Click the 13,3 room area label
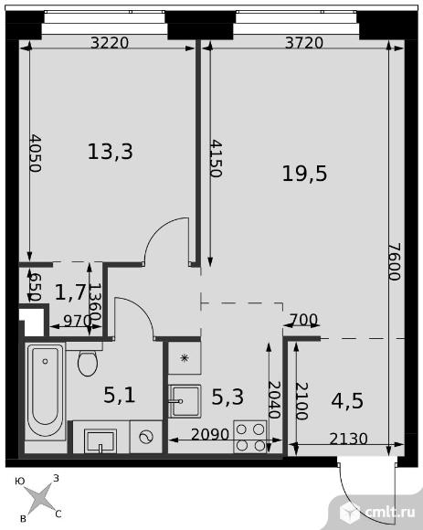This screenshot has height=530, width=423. coord(111,152)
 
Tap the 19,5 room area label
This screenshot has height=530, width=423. coord(304,174)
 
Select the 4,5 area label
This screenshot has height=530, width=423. coord(347,401)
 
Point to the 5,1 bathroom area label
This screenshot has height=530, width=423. coord(120,395)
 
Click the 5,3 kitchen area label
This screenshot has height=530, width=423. coord(227,397)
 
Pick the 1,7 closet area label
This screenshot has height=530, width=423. coord(71,292)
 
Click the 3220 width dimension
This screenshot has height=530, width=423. coord(110,43)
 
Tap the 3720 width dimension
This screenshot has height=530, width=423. coord(304,43)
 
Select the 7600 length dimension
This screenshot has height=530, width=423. coord(395,261)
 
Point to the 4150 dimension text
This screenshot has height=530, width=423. coord(216,158)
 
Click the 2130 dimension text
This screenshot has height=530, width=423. coord(348,439)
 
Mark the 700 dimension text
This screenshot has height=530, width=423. coord(303,320)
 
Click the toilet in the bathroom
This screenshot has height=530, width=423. coord(87,360)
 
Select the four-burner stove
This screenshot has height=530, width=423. coord(250,437)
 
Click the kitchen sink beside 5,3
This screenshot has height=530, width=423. coord(185,401)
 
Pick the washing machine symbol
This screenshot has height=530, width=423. coord(146,437)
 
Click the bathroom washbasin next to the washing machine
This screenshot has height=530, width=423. coord(100,440)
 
